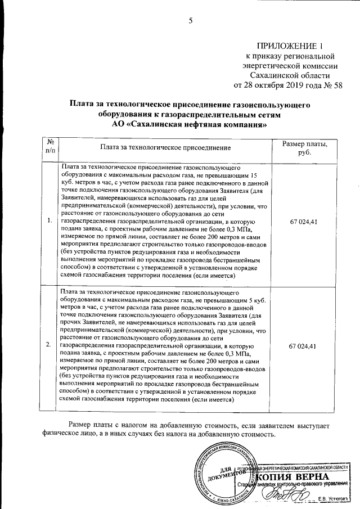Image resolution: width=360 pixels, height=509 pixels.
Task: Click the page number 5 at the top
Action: pyautogui.click(x=190, y=21)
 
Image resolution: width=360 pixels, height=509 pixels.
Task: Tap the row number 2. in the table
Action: pyautogui.click(x=50, y=344)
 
